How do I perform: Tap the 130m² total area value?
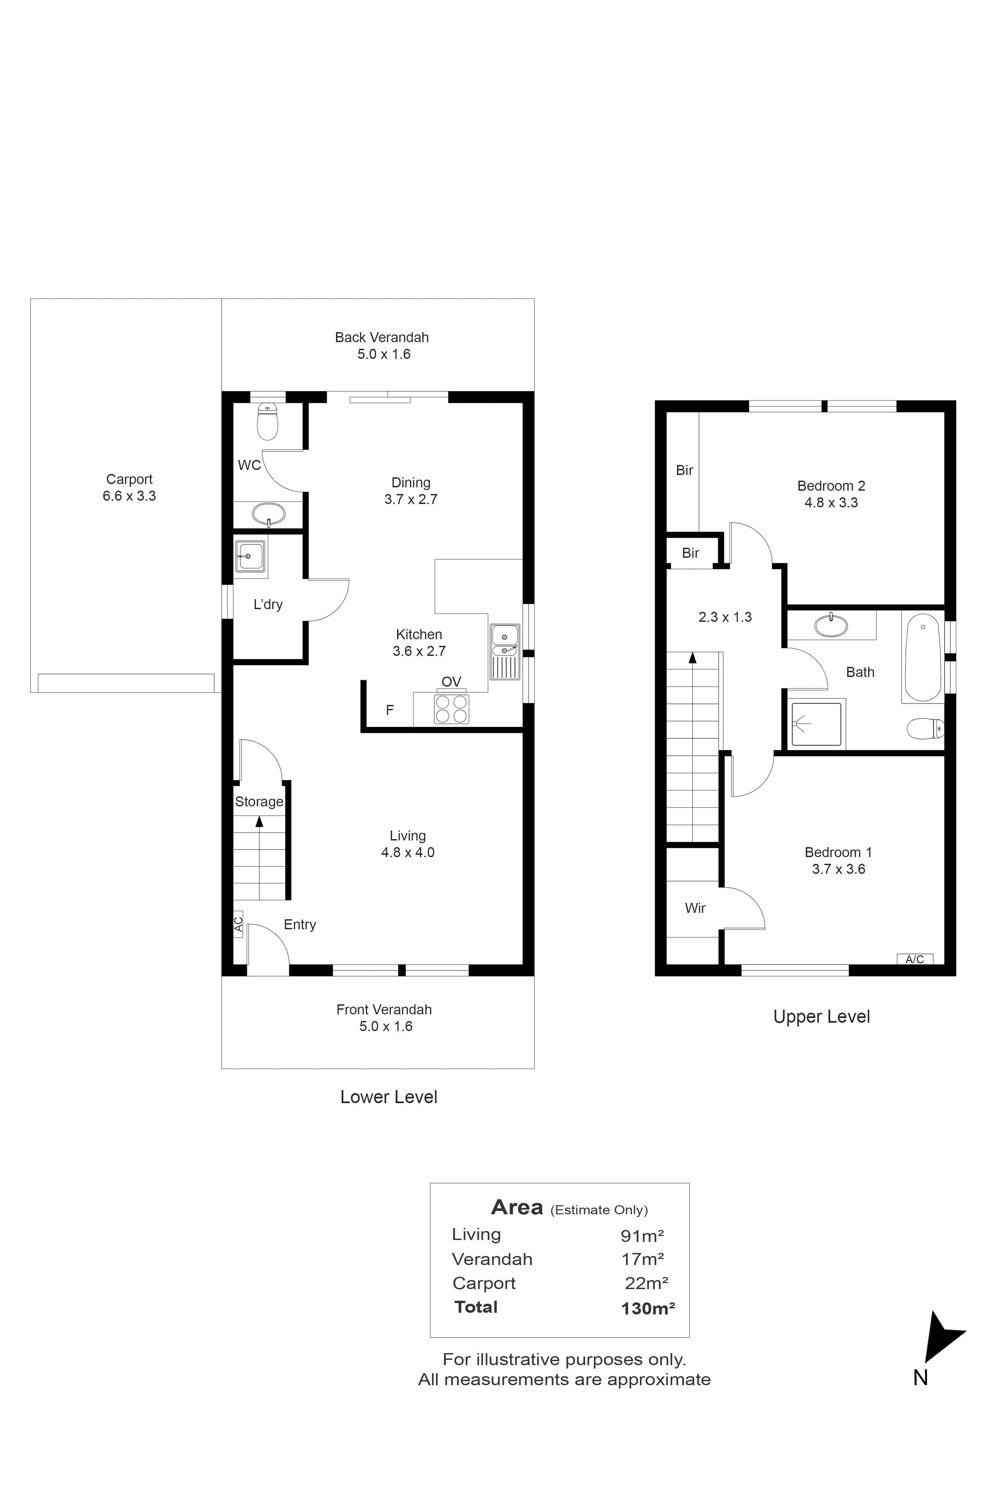[648, 1308]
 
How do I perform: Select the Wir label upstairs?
[695, 908]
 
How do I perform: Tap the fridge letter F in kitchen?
[389, 710]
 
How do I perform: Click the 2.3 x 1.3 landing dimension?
[725, 617]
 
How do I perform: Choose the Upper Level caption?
[821, 1017]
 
